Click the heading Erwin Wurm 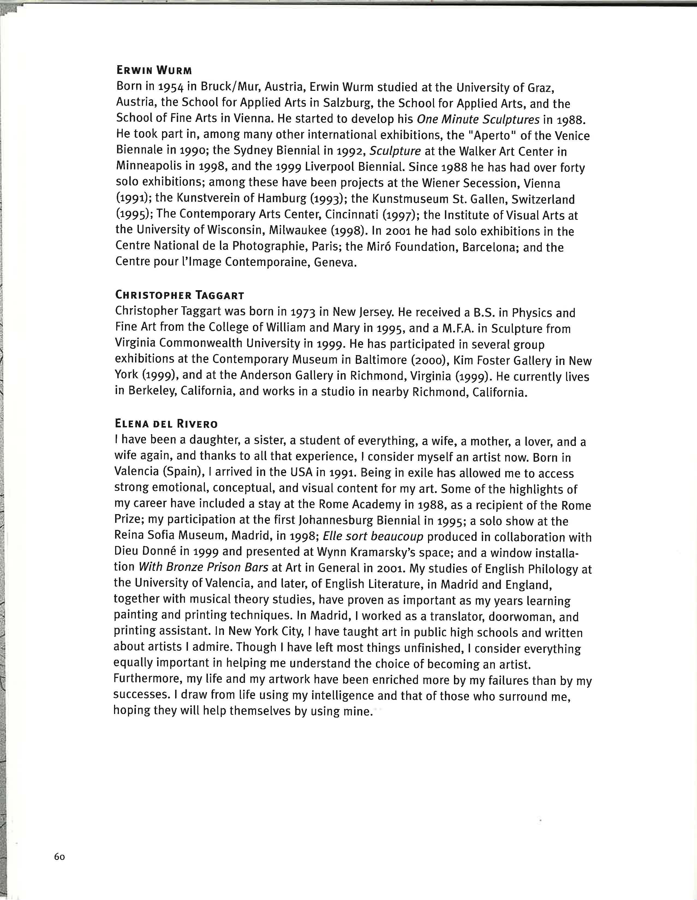[154, 70]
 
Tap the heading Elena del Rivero [166, 424]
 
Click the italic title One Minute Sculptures [478, 119]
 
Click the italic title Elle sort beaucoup [373, 537]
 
